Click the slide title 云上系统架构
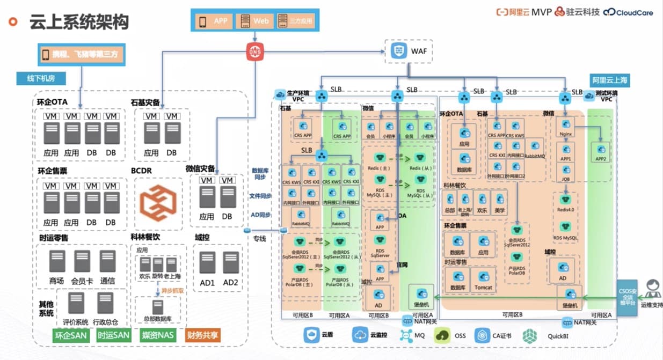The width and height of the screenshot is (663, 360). [x=79, y=23]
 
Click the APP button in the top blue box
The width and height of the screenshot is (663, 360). [x=214, y=21]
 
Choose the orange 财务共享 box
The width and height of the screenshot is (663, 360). [x=203, y=335]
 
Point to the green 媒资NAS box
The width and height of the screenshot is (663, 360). [x=158, y=335]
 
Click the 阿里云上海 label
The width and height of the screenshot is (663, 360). [x=610, y=80]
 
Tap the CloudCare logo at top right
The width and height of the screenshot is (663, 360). [x=628, y=12]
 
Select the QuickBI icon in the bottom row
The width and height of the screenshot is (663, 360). [x=529, y=336]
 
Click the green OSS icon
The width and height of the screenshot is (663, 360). [x=442, y=336]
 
